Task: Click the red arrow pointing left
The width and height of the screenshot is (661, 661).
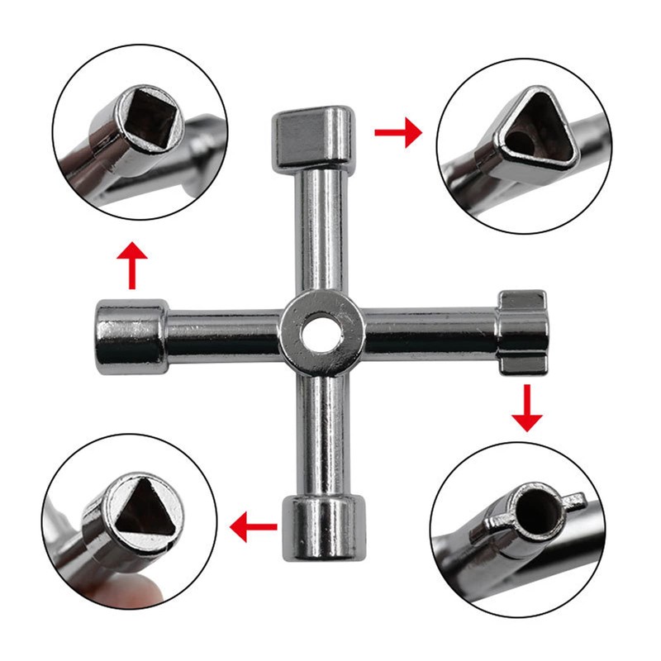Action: pyautogui.click(x=251, y=525)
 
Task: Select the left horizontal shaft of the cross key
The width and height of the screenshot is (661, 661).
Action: pyautogui.click(x=223, y=335)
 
